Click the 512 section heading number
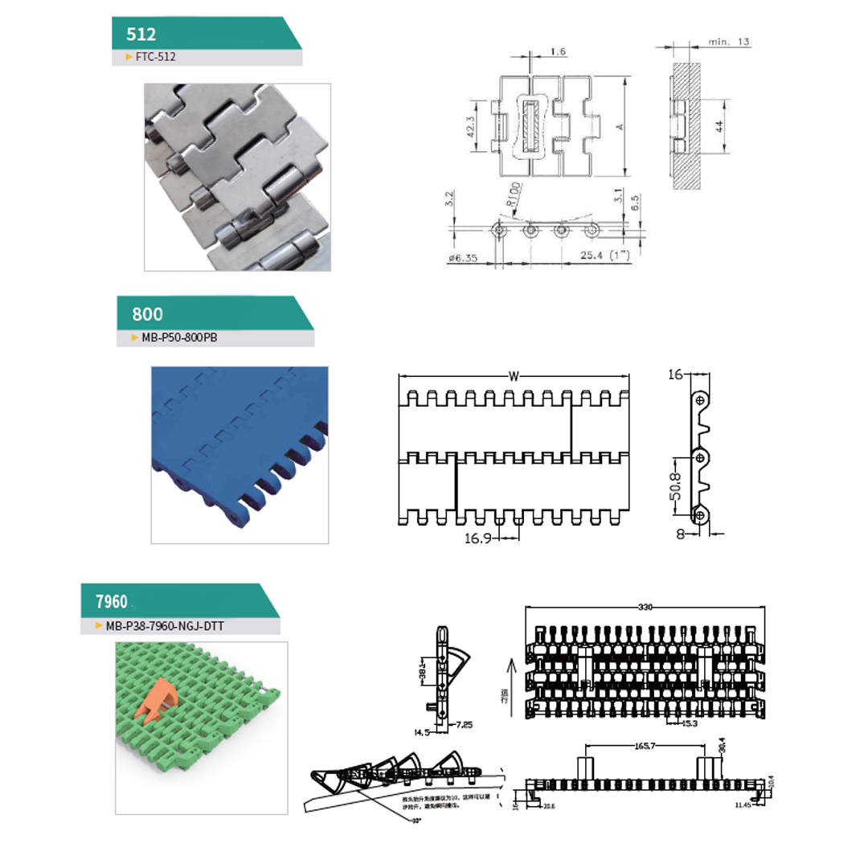tap(141, 34)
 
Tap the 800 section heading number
tap(147, 314)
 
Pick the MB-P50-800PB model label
tap(179, 338)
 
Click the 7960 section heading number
tap(112, 602)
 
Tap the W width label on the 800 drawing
tap(514, 375)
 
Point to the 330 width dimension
tap(645, 608)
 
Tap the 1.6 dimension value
tap(559, 52)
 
